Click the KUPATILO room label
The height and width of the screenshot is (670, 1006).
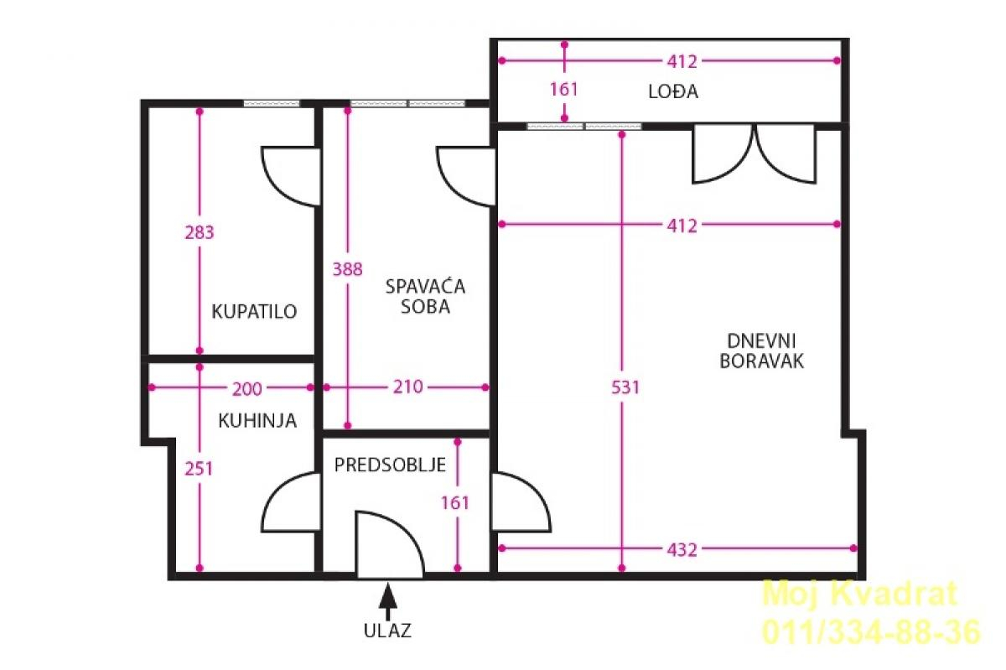[254, 311]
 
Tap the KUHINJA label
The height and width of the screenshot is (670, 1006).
[257, 421]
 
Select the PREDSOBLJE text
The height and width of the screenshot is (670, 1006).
[390, 465]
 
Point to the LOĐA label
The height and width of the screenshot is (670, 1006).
[673, 91]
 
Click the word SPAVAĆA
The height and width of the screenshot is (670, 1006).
[425, 286]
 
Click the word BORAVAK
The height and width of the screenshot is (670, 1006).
[762, 361]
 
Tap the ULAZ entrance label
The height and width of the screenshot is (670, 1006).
[387, 631]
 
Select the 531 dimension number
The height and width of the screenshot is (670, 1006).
[625, 387]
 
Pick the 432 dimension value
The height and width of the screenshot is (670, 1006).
[682, 550]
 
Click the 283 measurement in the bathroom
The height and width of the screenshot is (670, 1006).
[200, 233]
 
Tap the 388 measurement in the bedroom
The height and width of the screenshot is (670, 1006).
[347, 269]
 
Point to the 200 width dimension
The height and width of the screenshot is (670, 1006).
[246, 389]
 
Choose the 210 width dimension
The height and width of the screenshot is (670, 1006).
[407, 387]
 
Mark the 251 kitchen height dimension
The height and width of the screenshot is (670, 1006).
[199, 469]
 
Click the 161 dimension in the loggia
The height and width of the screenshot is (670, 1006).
[564, 90]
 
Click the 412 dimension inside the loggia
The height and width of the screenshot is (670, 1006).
[682, 61]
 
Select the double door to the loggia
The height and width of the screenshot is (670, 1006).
[754, 153]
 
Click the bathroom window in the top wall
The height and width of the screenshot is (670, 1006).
[272, 103]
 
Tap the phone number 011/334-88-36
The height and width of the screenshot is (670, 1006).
[871, 632]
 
